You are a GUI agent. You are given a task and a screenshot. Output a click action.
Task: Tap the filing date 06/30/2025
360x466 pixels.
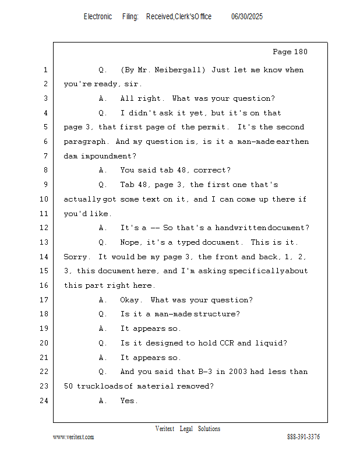[x=247, y=16]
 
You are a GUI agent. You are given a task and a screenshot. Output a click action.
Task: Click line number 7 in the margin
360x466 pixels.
[x=45, y=156]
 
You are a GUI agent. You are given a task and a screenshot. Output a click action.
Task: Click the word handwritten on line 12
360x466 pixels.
[x=241, y=228]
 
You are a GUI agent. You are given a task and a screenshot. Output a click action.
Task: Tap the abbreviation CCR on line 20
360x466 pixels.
[x=227, y=343]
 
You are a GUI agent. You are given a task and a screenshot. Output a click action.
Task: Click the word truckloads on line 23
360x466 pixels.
[x=100, y=386]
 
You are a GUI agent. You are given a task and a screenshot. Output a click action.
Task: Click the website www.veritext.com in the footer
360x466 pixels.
[x=73, y=437]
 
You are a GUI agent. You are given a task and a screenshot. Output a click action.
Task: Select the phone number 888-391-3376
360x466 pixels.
[x=303, y=437]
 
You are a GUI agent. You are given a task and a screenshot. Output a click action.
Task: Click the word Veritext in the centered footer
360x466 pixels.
[x=165, y=429]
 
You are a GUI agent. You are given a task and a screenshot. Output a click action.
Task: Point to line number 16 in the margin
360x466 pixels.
[x=44, y=285]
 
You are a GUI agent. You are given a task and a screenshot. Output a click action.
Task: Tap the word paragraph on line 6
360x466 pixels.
[x=84, y=142]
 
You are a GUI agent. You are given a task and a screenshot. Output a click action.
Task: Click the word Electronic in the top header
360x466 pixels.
[x=98, y=16]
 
